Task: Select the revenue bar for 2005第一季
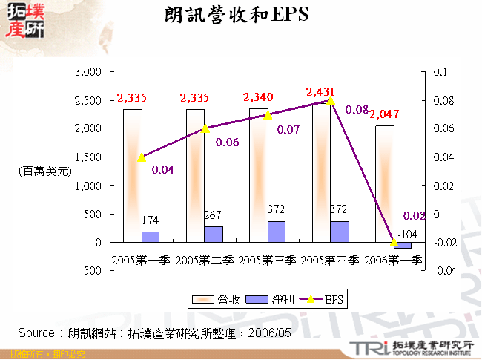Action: pyautogui.click(x=133, y=175)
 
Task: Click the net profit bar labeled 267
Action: pyautogui.click(x=214, y=234)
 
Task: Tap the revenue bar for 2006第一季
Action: pyautogui.click(x=385, y=183)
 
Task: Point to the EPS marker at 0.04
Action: pyautogui.click(x=142, y=157)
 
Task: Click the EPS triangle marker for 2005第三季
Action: pyautogui.click(x=268, y=114)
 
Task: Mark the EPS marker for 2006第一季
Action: pyautogui.click(x=394, y=243)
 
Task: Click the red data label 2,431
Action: pyautogui.click(x=320, y=91)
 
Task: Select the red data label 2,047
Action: pyautogui.click(x=384, y=114)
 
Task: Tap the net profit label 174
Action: pyautogui.click(x=149, y=221)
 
